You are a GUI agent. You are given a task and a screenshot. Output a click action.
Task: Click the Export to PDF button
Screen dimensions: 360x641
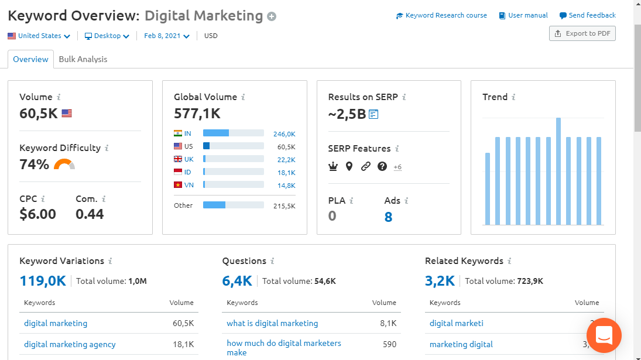(582, 33)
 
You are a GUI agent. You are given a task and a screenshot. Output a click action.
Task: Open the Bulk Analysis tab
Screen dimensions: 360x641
(83, 59)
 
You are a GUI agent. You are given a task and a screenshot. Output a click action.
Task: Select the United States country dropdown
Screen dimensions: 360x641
(39, 36)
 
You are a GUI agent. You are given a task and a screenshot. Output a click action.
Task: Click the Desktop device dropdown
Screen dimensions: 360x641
(107, 36)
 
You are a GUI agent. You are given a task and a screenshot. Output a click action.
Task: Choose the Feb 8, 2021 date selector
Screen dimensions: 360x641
(167, 36)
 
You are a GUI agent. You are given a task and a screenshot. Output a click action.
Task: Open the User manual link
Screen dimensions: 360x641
(523, 15)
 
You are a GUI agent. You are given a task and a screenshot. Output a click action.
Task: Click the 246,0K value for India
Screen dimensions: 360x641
(284, 134)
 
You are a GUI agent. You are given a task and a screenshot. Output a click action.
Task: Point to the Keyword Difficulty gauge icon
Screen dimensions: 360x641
(64, 165)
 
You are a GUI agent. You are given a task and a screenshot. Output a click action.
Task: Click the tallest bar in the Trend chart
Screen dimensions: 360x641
(558, 171)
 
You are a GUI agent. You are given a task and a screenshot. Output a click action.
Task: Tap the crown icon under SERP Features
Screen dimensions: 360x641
(333, 167)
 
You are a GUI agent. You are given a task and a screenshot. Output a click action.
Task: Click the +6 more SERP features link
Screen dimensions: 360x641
(397, 167)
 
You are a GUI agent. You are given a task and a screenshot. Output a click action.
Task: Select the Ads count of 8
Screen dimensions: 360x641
(388, 217)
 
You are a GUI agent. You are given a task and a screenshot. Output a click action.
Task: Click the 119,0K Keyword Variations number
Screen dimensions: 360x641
(43, 281)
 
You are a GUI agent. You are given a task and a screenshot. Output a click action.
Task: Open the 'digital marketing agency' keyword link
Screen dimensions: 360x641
(70, 344)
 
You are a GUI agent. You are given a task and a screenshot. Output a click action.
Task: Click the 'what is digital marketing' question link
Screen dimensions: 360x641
(272, 323)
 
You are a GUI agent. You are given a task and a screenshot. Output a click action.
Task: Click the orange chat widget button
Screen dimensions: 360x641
(604, 335)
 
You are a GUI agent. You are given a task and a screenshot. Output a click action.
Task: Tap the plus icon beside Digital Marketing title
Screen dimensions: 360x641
(272, 16)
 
